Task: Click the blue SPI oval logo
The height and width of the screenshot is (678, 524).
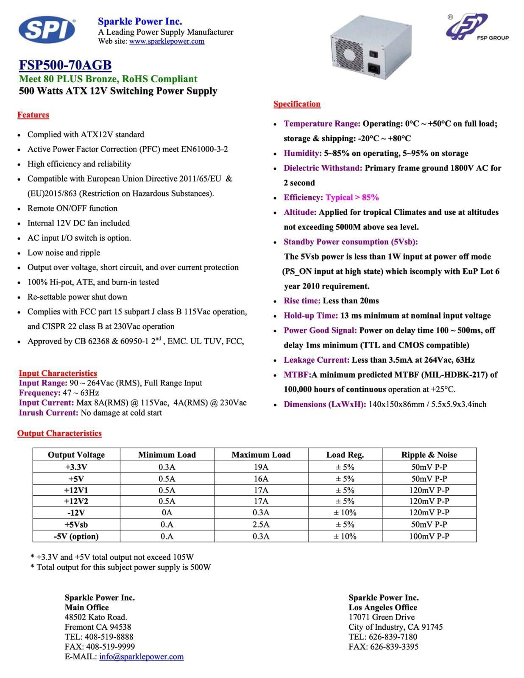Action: click(x=47, y=30)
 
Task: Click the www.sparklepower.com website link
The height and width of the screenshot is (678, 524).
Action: click(x=167, y=42)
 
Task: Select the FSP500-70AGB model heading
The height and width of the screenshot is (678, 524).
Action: click(x=65, y=65)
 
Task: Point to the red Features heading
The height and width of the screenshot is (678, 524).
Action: click(x=33, y=115)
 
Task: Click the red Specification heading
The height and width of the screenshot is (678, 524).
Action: click(x=297, y=104)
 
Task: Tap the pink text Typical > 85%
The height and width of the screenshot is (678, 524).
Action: click(x=352, y=197)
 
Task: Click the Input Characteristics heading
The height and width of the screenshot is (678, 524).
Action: click(x=58, y=373)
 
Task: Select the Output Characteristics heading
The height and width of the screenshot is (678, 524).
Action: click(x=59, y=433)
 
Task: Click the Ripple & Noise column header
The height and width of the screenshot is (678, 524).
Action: click(x=429, y=455)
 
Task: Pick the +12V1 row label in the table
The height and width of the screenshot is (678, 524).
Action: click(x=76, y=490)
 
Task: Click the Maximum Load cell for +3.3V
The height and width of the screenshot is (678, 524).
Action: click(x=261, y=467)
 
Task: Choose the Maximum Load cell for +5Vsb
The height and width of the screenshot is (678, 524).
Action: click(x=261, y=525)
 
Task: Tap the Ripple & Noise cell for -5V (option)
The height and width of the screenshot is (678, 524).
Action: click(x=429, y=536)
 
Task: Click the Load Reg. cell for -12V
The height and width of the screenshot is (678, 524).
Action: click(x=345, y=513)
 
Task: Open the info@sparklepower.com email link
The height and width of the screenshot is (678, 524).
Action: click(x=141, y=657)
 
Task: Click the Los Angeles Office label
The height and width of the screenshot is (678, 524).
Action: click(x=383, y=607)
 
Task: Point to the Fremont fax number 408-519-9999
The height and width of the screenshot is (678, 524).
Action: click(x=110, y=647)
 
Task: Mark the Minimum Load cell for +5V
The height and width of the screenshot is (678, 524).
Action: click(x=167, y=479)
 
